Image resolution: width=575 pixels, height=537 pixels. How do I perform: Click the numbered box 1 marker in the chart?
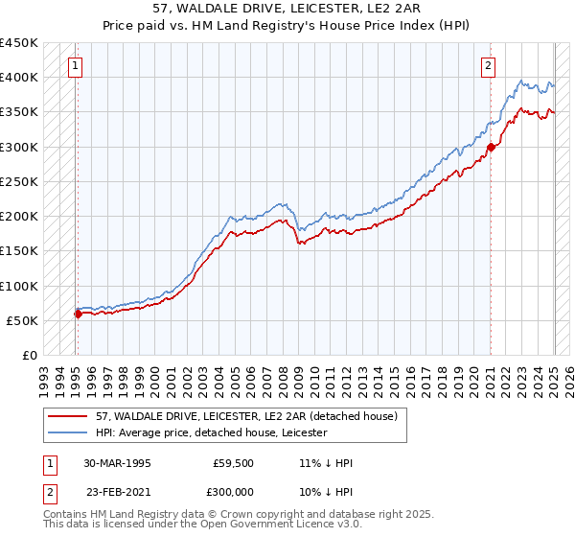[75, 66]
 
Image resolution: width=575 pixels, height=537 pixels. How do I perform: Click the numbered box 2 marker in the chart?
[488, 66]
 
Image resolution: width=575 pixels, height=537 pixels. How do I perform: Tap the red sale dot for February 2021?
[491, 147]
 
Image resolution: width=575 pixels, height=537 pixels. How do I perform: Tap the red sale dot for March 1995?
[78, 314]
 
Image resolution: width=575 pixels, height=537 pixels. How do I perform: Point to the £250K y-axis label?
[19, 181]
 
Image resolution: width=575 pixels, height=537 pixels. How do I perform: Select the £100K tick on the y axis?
[19, 286]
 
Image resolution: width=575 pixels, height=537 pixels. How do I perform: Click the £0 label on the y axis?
[30, 356]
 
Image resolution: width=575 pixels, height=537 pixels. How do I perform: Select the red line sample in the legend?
[67, 416]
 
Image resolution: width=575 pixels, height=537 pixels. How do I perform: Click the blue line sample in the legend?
[67, 433]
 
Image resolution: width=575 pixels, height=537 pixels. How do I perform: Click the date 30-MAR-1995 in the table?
[118, 463]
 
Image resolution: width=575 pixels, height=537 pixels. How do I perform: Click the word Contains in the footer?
[67, 514]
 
